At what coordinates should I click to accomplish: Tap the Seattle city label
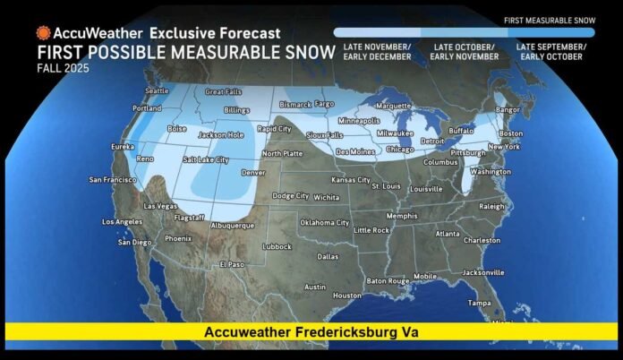[x=156, y=90]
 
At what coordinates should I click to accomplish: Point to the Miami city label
[x=502, y=320]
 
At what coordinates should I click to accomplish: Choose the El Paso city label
[x=231, y=265]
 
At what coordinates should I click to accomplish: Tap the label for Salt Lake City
[x=206, y=159]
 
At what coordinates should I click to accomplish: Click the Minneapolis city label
[x=358, y=121]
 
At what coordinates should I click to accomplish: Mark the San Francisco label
[x=114, y=179]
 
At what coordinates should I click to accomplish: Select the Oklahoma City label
[x=324, y=222]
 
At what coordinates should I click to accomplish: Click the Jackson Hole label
[x=220, y=135]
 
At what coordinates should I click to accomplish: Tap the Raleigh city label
[x=492, y=205]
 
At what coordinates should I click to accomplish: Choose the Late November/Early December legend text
[x=373, y=50]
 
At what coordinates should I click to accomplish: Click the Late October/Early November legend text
[x=463, y=50]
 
